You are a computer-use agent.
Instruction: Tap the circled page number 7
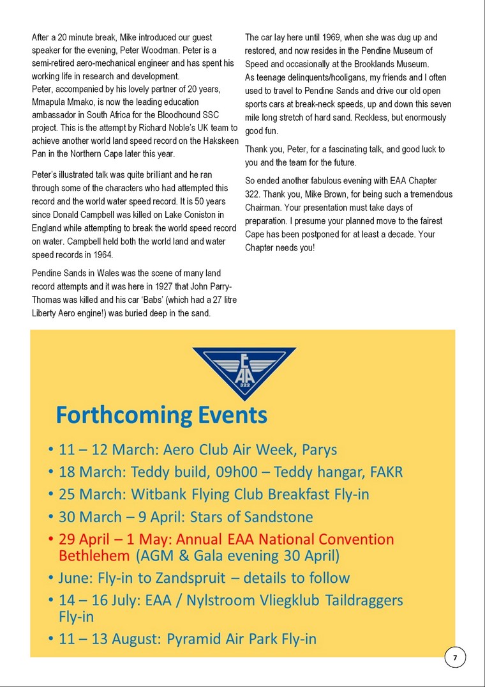click(455, 658)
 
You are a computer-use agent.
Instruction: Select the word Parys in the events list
click(316, 450)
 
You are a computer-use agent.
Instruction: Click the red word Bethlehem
click(94, 555)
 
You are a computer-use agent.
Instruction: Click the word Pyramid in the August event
click(196, 638)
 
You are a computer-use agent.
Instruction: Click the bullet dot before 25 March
click(50, 495)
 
